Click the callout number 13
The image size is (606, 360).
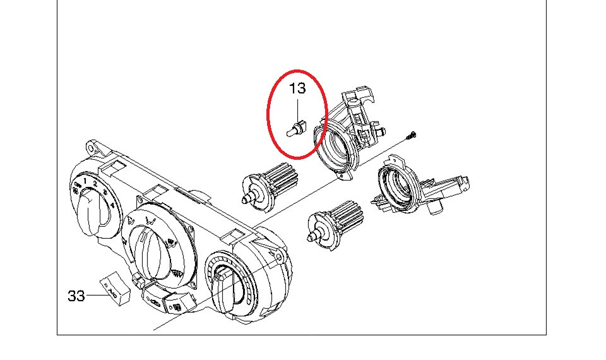(x=297, y=88)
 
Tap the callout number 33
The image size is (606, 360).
(x=76, y=296)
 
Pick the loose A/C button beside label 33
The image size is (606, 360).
(x=115, y=288)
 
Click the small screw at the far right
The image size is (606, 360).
(x=412, y=135)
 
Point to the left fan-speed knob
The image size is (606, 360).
(x=90, y=211)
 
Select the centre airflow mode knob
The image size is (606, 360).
(x=150, y=251)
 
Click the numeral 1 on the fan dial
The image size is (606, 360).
(x=85, y=180)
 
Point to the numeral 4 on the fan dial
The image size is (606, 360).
(x=112, y=205)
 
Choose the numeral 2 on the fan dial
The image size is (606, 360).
(x=95, y=183)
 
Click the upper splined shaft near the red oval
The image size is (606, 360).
(x=270, y=186)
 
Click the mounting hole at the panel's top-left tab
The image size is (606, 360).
(x=90, y=148)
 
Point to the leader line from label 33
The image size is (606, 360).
(x=98, y=296)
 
